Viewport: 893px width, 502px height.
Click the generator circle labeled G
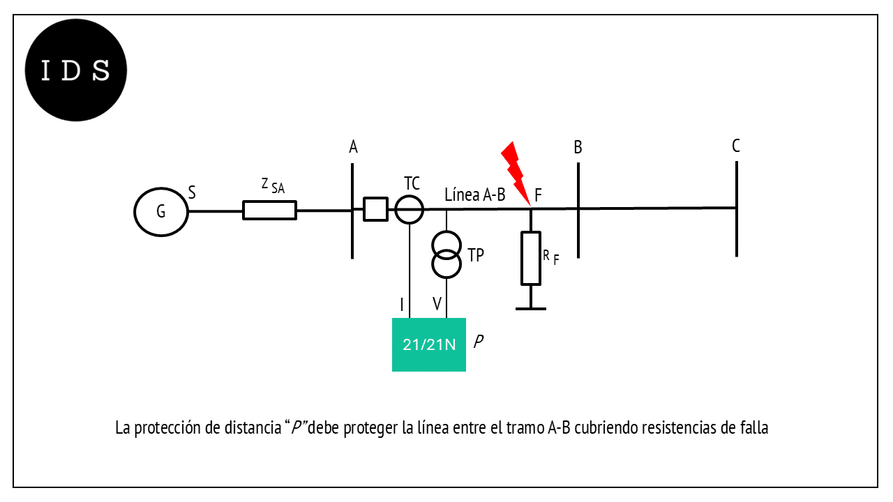(135, 211)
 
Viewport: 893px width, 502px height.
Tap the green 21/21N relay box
(429, 344)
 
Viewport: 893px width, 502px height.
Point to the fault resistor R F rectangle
(522, 258)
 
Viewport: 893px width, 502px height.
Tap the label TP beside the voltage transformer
(476, 255)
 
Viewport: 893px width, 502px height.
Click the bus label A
(353, 147)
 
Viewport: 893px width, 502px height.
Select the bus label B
(578, 147)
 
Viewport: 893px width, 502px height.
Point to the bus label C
(736, 146)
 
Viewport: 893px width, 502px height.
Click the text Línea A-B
(475, 195)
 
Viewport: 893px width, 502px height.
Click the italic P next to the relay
(479, 342)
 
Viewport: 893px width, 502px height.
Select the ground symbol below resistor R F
(531, 308)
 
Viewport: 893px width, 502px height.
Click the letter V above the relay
(437, 303)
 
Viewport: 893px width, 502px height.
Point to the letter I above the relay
(402, 305)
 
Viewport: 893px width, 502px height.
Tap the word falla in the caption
(754, 428)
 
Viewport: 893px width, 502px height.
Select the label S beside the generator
(192, 193)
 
